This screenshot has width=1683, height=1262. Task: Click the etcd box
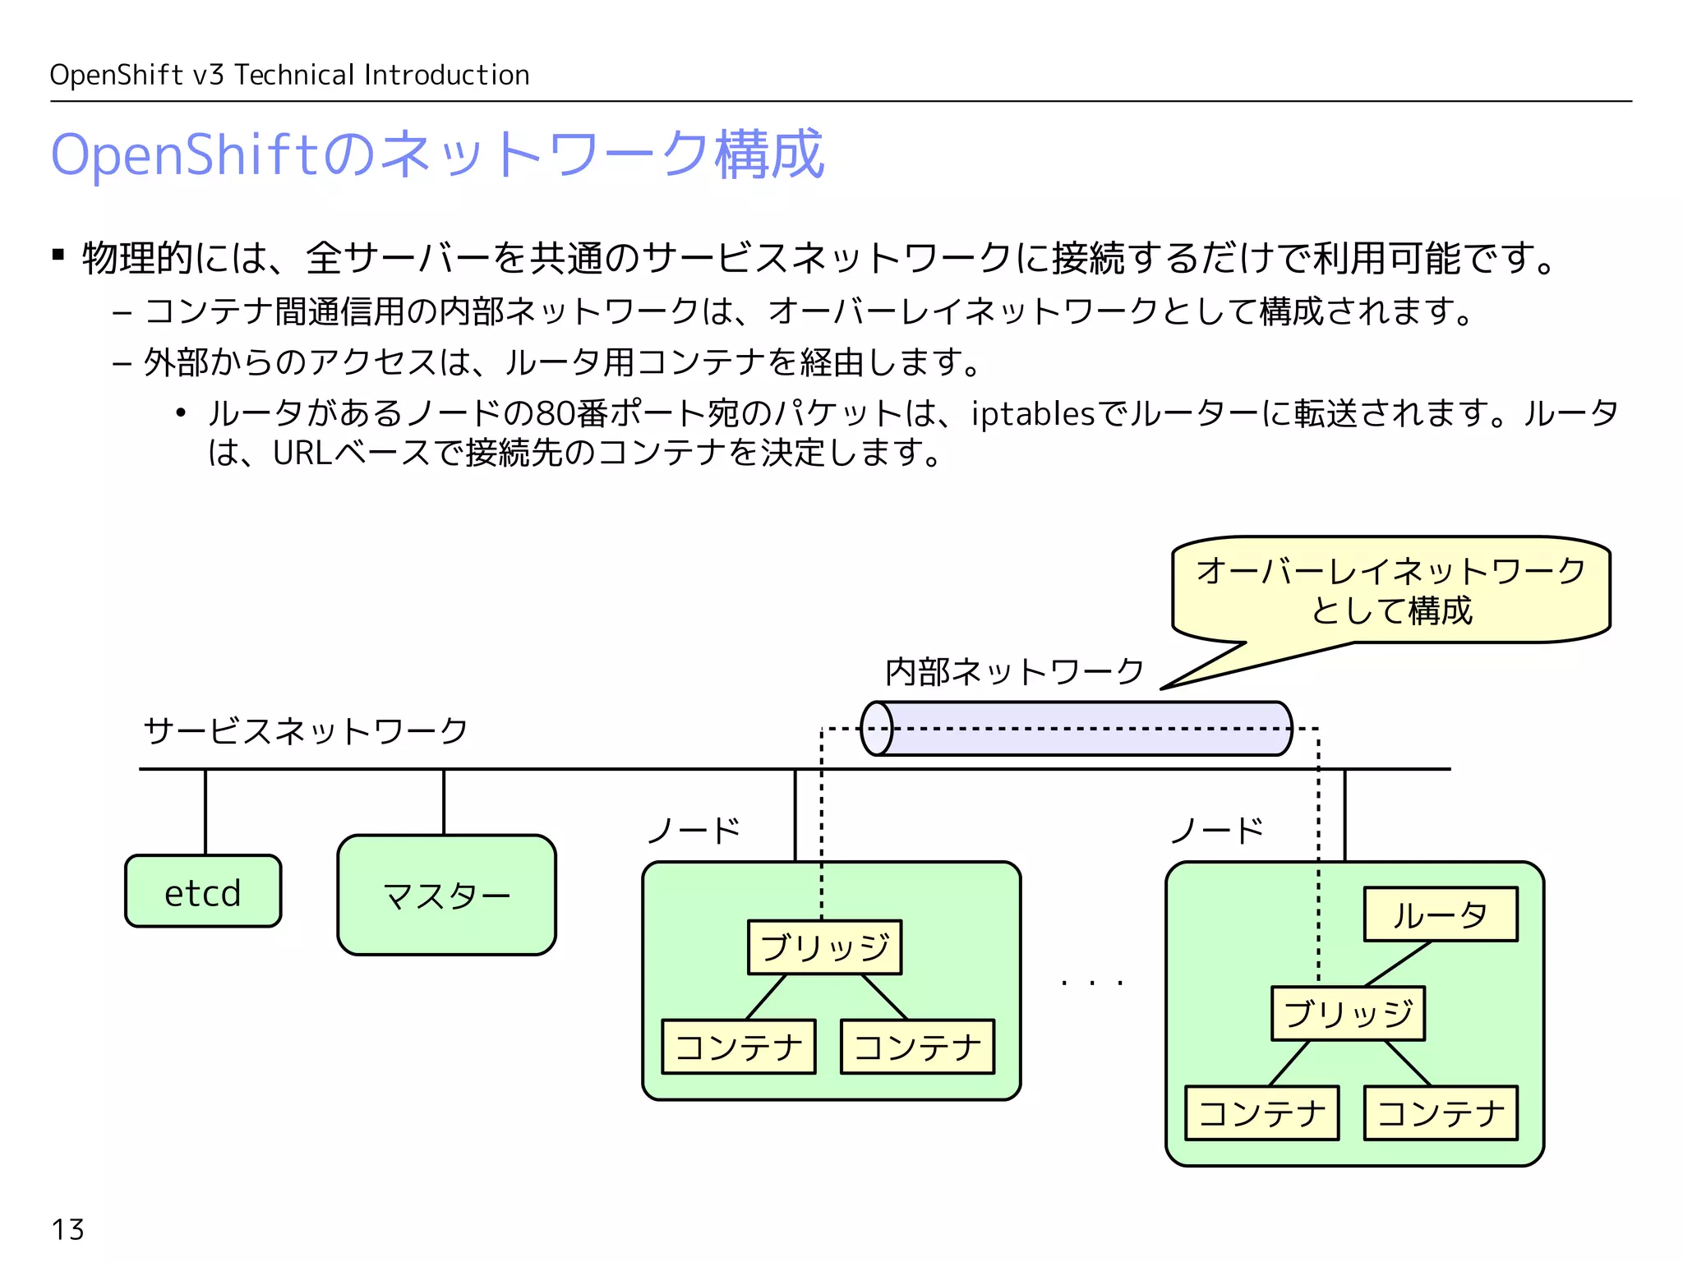click(x=203, y=891)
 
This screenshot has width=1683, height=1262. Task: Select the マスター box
click(x=446, y=895)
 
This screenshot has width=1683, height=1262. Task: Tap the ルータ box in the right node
click(x=1440, y=914)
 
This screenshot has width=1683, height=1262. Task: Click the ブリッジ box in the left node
click(x=824, y=947)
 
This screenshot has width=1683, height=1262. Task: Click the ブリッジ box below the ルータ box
click(x=1348, y=1014)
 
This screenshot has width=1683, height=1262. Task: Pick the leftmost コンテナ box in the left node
click(x=739, y=1047)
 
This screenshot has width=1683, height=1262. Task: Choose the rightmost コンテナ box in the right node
click(x=1440, y=1113)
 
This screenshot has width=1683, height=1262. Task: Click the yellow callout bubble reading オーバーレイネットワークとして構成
click(x=1390, y=590)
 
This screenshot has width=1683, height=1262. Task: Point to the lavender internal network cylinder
click(x=1077, y=729)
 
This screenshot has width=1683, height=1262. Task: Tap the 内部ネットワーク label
click(x=1014, y=672)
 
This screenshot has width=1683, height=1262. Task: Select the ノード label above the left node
click(x=694, y=831)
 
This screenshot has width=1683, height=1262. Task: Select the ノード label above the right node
click(x=1217, y=831)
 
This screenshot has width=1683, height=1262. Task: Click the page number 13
click(x=67, y=1230)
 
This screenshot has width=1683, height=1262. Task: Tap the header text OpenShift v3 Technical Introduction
click(x=289, y=76)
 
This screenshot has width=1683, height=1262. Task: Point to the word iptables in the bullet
click(x=1032, y=413)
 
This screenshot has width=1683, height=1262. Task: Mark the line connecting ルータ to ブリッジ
click(x=1398, y=964)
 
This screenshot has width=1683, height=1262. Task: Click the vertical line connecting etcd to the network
click(x=205, y=812)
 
